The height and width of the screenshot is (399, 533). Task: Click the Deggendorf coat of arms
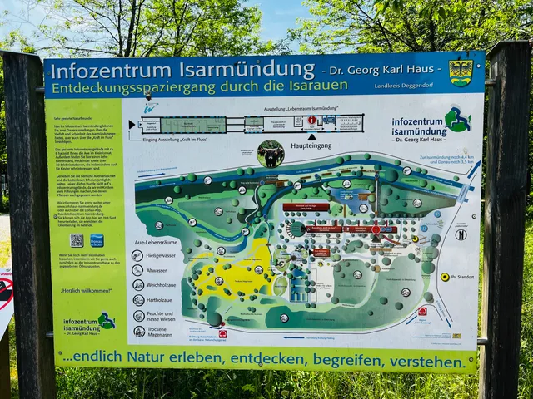[461, 72]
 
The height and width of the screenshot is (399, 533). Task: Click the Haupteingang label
[313, 145]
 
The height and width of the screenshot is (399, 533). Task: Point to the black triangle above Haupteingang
[312, 136]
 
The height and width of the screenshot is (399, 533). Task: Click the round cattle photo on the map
[271, 154]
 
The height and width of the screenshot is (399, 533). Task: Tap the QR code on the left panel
[76, 239]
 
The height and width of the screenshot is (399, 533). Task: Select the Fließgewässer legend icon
[138, 255]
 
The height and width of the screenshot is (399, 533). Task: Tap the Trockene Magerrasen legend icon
[138, 331]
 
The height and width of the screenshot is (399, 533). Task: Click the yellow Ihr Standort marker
[445, 277]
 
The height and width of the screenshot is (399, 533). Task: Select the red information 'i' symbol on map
[376, 229]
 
